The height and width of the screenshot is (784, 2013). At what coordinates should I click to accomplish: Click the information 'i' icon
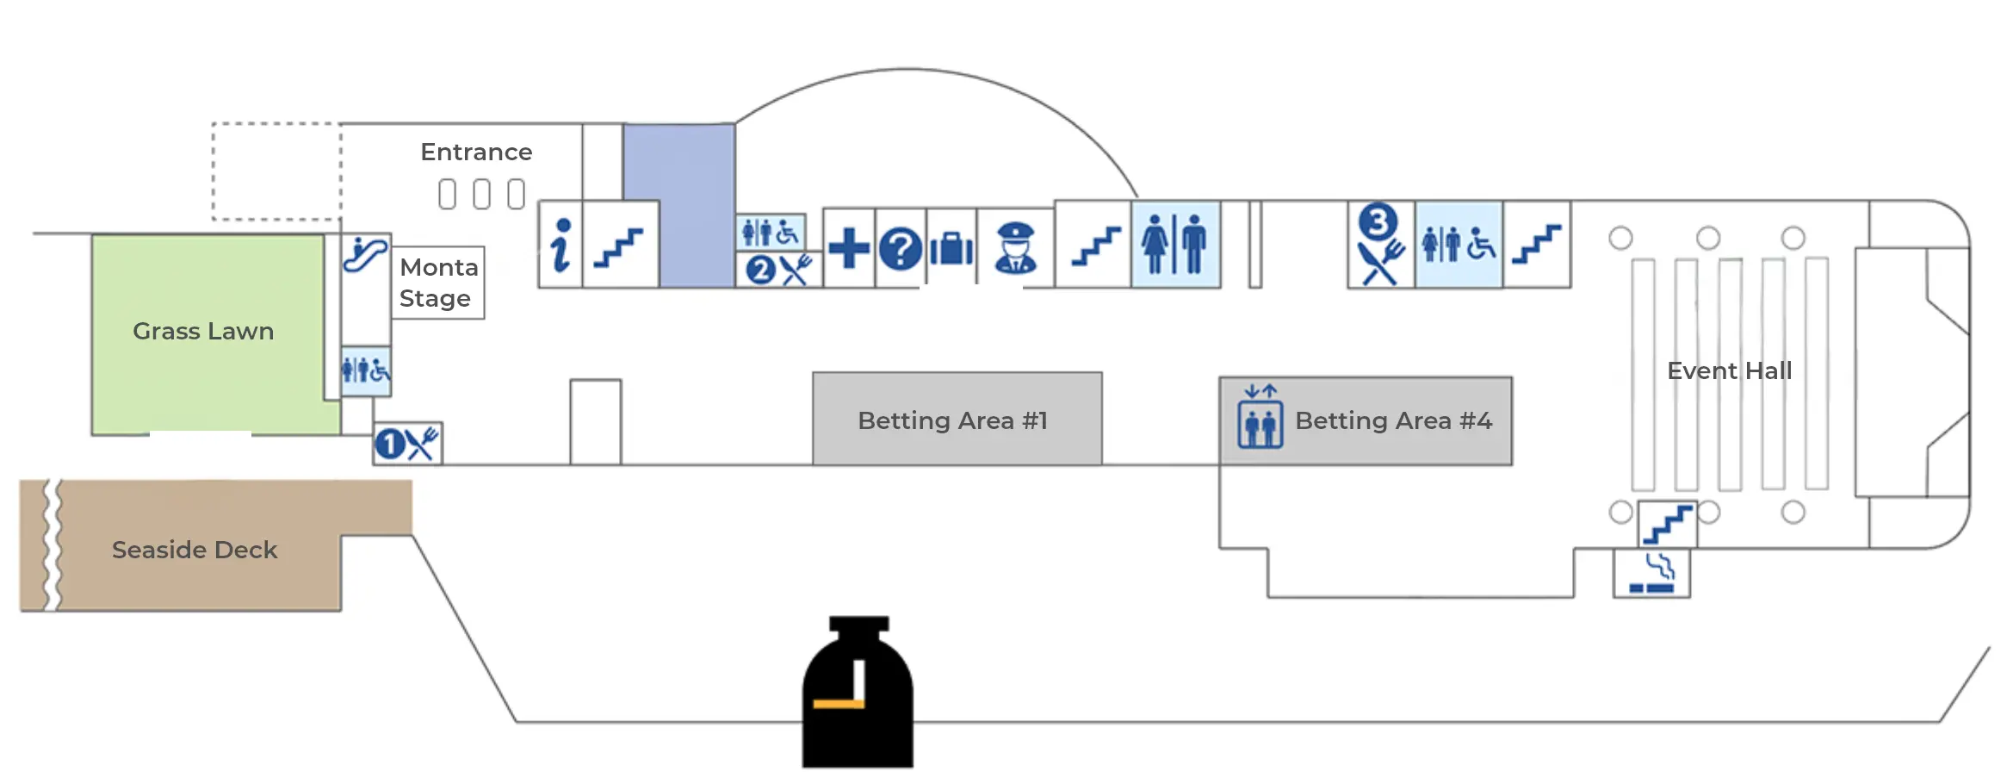561,245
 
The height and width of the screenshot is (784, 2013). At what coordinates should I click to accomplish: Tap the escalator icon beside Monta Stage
365,254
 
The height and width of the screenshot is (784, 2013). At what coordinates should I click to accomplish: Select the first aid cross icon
849,248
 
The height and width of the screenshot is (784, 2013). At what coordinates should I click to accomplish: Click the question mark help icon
901,249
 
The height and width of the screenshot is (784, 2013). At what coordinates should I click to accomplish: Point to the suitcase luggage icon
951,249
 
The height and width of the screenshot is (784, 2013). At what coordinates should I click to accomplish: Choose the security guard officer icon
1015,248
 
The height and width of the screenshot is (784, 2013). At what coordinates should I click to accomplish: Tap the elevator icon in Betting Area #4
1260,417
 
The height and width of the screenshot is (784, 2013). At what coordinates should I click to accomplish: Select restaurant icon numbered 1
407,444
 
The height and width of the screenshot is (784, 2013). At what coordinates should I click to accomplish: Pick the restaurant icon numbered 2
778,270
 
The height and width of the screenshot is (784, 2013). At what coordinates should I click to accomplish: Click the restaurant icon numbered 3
1380,244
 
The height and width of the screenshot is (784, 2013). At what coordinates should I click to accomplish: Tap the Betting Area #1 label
952,420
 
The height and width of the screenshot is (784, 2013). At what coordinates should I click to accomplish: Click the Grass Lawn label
203,331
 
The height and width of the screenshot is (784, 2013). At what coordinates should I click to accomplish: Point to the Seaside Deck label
195,550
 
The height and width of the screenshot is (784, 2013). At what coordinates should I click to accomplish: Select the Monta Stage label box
438,283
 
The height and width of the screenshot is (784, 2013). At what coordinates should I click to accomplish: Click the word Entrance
476,152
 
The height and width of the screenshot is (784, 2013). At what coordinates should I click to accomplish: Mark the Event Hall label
1729,370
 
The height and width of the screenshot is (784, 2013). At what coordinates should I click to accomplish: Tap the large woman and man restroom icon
1174,245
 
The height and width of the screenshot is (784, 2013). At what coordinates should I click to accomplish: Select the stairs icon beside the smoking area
1668,524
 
